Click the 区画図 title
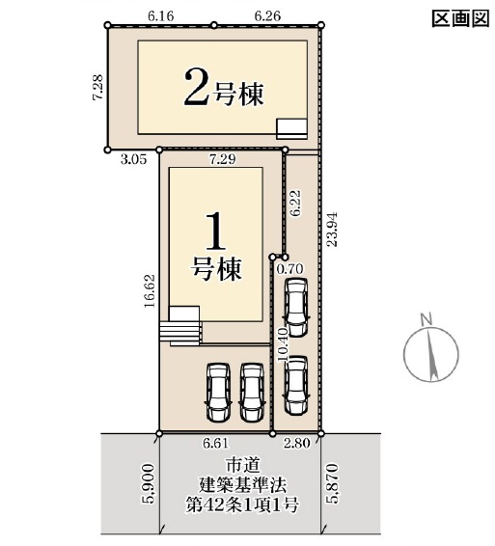[460, 18]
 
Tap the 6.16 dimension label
[160, 16]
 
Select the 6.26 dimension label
[267, 16]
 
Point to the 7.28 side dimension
[97, 88]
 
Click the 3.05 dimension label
[134, 159]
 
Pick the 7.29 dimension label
[223, 159]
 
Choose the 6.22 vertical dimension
[296, 204]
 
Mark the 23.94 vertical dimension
[332, 230]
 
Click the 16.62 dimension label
[150, 290]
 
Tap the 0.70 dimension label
[289, 269]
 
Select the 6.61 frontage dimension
[216, 444]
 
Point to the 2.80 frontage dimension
[297, 444]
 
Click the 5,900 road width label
[148, 483]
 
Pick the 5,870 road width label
[332, 482]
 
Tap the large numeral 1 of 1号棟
[216, 232]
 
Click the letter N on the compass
[426, 318]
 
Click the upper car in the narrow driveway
[296, 308]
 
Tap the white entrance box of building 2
[292, 129]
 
